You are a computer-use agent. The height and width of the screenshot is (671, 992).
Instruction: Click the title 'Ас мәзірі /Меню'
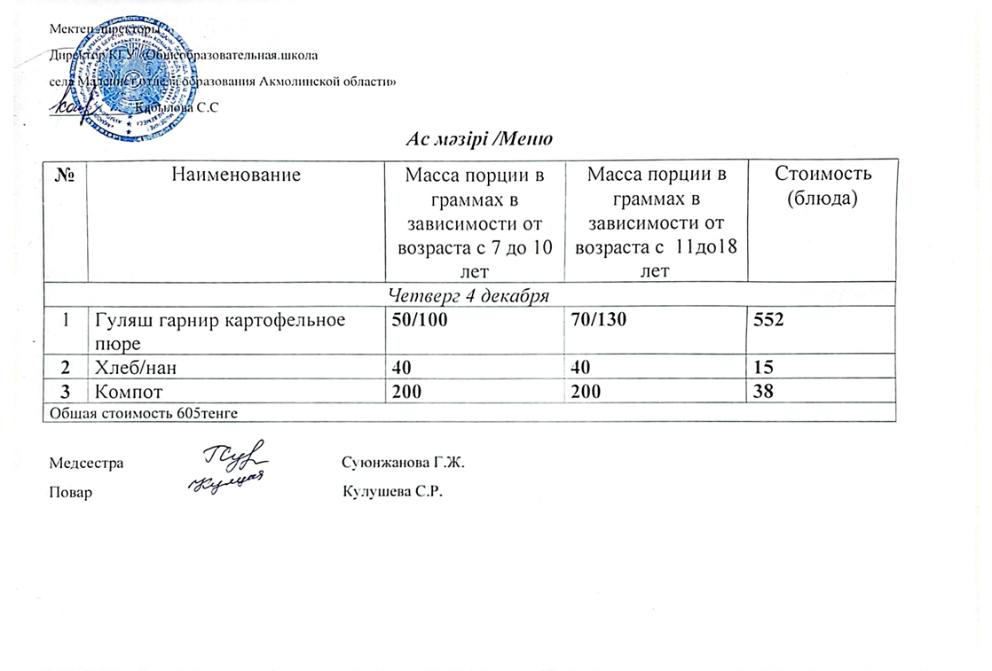click(x=480, y=140)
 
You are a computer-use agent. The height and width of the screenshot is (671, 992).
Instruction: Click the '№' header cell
click(x=65, y=176)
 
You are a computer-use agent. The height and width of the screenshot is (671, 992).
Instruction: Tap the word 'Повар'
click(x=71, y=492)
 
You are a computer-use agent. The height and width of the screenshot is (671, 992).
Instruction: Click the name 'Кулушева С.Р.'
click(x=392, y=492)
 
